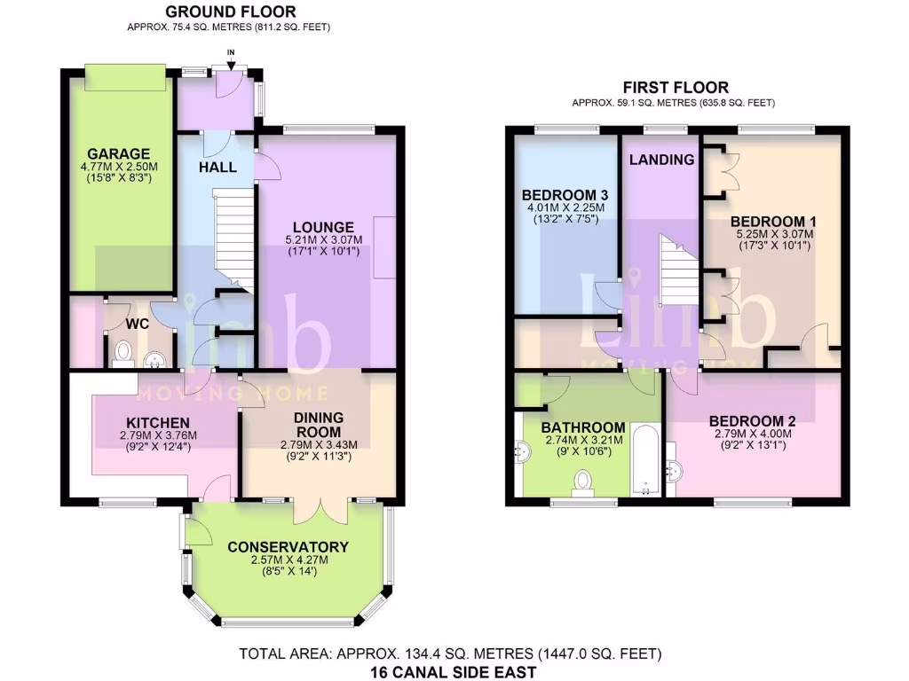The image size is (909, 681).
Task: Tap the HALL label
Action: point(217,167)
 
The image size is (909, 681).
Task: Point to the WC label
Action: point(137,324)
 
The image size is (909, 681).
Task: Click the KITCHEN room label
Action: point(157,422)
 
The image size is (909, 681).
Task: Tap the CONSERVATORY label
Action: point(289,547)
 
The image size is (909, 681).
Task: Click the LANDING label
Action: point(661,160)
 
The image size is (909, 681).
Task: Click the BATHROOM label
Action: point(583,427)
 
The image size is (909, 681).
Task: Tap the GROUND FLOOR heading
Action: point(231,12)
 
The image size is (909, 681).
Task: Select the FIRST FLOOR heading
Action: point(676,87)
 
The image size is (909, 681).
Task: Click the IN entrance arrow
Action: point(232,60)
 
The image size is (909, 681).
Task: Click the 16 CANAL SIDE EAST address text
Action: point(453,671)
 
